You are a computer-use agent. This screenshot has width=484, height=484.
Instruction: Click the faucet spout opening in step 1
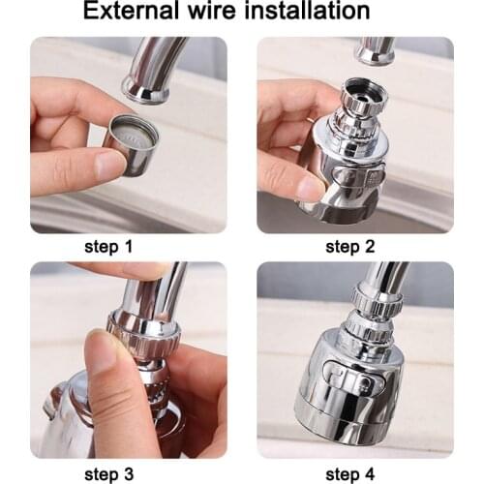(x=147, y=92)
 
